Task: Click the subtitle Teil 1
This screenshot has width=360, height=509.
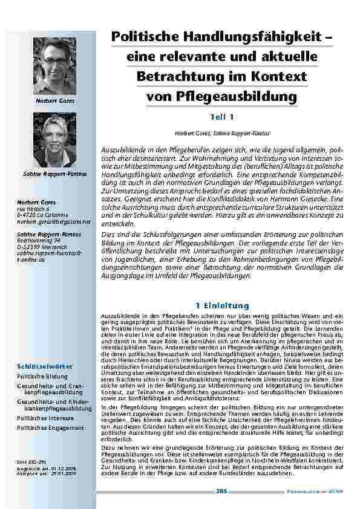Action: [221, 117]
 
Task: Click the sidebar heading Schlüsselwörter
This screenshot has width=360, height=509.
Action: [45, 366]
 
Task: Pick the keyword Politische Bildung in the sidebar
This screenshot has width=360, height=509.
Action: [42, 377]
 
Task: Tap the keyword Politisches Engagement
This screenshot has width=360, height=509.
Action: [50, 427]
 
